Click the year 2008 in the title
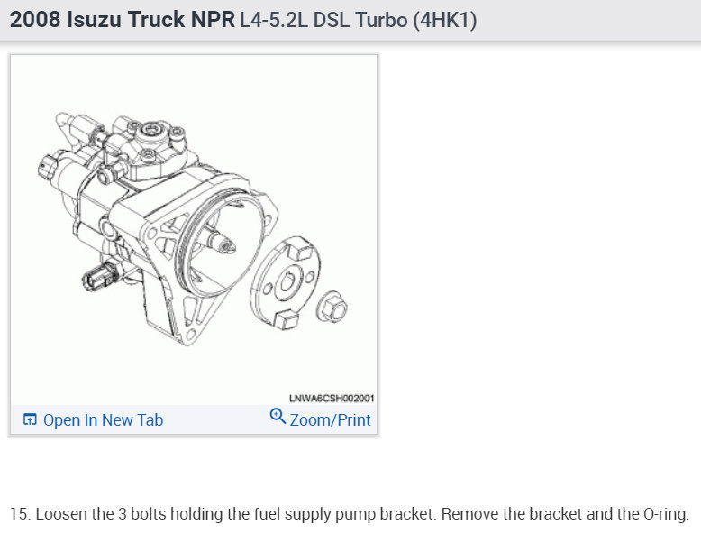(x=35, y=20)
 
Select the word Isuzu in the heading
(x=94, y=20)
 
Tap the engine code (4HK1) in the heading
(x=445, y=20)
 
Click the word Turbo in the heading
(x=381, y=20)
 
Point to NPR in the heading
(x=213, y=20)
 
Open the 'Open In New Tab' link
(x=103, y=420)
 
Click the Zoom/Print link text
(x=330, y=420)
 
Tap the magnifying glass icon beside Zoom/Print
(x=278, y=416)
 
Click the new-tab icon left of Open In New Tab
(x=30, y=419)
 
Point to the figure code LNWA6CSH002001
(x=332, y=398)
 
